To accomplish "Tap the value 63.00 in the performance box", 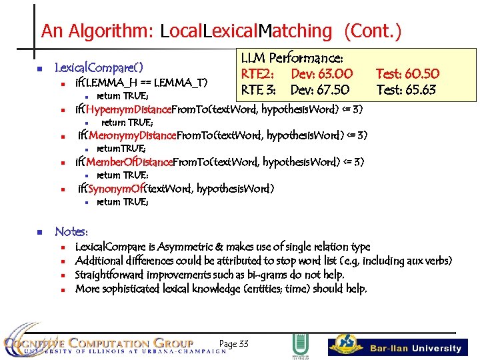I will pos(331,73).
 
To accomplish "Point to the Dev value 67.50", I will pos(330,89).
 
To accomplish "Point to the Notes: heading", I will pos(71,231).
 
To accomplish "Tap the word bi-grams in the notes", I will pos(279,275).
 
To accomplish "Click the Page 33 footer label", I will pos(233,343).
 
